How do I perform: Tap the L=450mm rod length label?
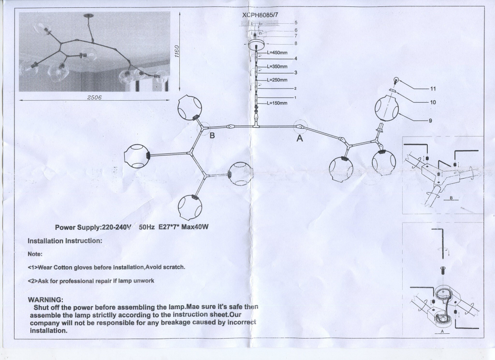click(277, 52)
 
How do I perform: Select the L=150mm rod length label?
click(277, 103)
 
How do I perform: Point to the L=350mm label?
click(277, 66)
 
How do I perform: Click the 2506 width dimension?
click(94, 98)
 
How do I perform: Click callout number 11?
click(432, 90)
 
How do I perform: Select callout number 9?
click(431, 120)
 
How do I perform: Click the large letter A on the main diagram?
click(299, 139)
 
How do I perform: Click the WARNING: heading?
click(46, 300)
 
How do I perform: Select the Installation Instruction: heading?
click(65, 241)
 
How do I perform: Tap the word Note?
click(36, 254)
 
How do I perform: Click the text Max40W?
click(194, 227)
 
